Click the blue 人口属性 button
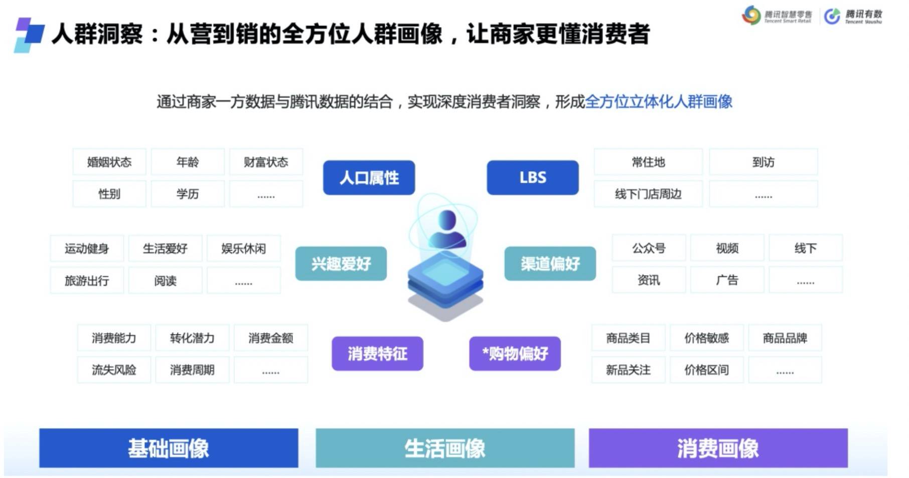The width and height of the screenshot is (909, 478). (369, 177)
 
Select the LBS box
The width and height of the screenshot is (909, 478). (532, 177)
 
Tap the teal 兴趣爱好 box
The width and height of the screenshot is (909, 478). (341, 264)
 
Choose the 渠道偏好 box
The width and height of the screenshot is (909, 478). (550, 264)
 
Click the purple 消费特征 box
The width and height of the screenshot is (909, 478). (377, 353)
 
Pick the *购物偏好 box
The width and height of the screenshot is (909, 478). (515, 353)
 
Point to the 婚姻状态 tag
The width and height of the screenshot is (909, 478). (109, 162)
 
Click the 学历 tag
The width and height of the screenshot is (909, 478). (188, 194)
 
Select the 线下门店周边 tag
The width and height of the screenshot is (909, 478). (648, 194)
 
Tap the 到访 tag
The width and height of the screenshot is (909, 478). (763, 162)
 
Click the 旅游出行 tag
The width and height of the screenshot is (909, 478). (87, 280)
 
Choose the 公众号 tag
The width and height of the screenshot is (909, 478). (649, 248)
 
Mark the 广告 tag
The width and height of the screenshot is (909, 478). (727, 280)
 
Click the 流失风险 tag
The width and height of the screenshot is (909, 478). (114, 370)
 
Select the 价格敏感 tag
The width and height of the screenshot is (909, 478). (706, 338)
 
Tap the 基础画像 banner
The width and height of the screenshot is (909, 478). (169, 448)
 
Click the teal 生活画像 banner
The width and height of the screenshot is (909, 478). (445, 448)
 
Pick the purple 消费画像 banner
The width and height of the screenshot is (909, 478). (718, 448)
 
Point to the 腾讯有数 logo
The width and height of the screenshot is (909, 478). (853, 16)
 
